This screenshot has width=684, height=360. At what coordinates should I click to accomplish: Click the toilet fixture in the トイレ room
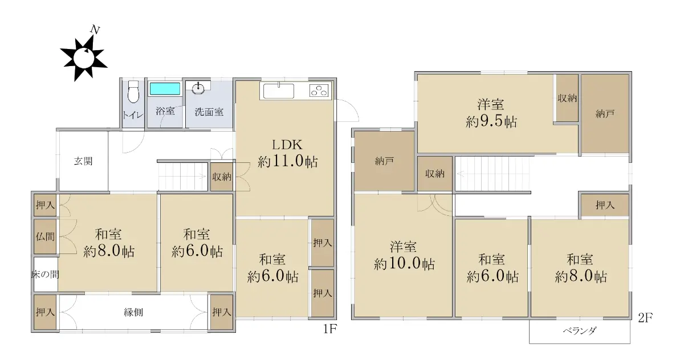133,92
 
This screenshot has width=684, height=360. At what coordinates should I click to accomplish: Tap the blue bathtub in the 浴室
165,89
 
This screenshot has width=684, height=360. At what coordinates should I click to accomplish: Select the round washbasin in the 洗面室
198,88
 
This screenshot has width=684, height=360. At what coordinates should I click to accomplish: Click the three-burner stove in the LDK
319,91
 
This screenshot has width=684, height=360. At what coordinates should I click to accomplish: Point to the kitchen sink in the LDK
279,91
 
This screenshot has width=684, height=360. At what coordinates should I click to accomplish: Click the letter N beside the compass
95,30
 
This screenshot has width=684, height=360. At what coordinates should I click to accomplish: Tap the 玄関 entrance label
83,161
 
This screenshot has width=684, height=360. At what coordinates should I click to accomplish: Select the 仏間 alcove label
45,236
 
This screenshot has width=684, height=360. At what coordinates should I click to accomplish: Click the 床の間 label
45,275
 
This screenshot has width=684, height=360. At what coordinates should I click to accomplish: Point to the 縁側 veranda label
133,312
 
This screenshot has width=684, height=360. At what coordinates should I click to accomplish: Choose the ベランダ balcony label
580,331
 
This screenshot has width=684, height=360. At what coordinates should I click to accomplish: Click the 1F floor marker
330,329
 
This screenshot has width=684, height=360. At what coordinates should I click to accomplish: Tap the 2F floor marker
645,318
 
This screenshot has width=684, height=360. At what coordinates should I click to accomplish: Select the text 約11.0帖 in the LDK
288,161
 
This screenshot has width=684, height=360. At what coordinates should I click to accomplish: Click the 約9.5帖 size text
491,122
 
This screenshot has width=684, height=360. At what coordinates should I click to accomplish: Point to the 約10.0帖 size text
404,264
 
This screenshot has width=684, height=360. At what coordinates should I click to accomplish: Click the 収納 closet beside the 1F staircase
222,177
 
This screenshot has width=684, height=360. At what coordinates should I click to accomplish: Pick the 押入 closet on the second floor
605,205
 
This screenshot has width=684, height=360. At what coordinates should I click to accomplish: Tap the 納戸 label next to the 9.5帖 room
605,114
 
